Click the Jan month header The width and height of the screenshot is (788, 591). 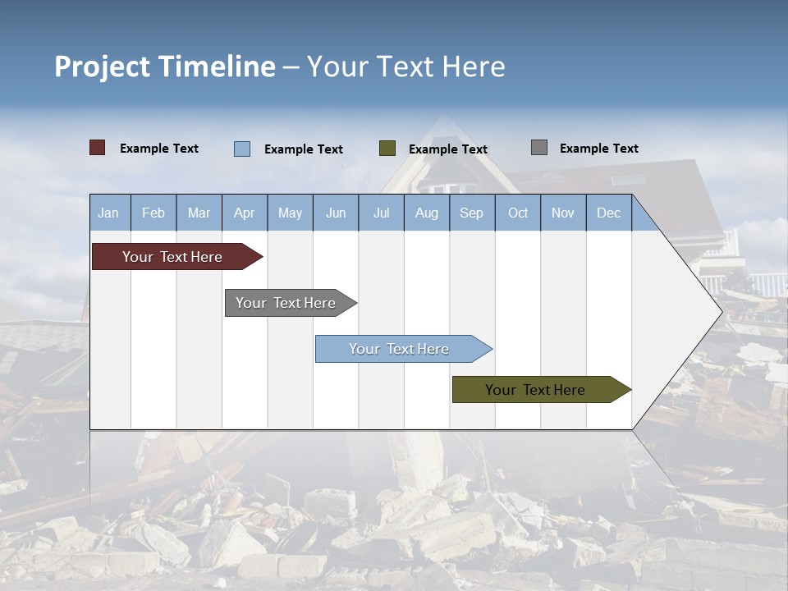pyautogui.click(x=108, y=213)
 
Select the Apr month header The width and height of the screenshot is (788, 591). pyautogui.click(x=245, y=213)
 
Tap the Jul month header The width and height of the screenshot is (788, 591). pyautogui.click(x=381, y=213)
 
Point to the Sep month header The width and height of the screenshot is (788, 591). pyautogui.click(x=471, y=213)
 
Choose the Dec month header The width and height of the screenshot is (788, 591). pyautogui.click(x=608, y=213)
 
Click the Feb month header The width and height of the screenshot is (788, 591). pyautogui.click(x=153, y=213)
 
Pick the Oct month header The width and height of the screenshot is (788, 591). pyautogui.click(x=518, y=213)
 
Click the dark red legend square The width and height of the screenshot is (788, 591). pyautogui.click(x=98, y=148)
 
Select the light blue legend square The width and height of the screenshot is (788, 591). pyautogui.click(x=242, y=149)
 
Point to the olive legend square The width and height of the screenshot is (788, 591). pyautogui.click(x=387, y=149)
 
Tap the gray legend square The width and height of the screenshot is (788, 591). pyautogui.click(x=539, y=148)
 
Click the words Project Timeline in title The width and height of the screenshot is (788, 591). pyautogui.click(x=165, y=66)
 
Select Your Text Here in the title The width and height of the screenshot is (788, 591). pyautogui.click(x=406, y=66)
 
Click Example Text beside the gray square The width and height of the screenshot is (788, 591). pyautogui.click(x=598, y=149)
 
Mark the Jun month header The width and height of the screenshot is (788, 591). pyautogui.click(x=336, y=213)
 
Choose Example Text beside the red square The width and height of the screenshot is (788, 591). pyautogui.click(x=159, y=149)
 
